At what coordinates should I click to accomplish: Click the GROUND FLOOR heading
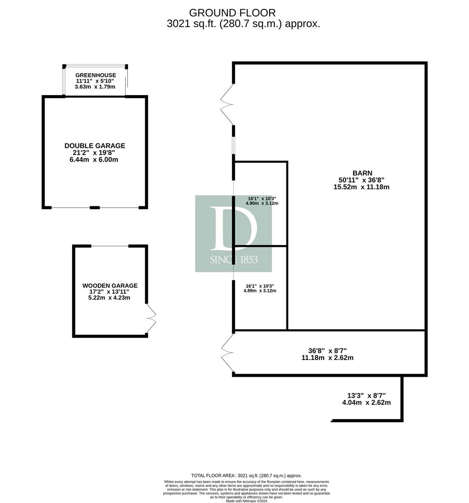(x=232, y=13)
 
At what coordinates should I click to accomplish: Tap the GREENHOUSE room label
(x=95, y=75)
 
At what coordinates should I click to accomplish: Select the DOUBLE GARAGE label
(x=95, y=146)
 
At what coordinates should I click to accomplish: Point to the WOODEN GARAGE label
(x=110, y=285)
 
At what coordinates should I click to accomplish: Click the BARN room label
(x=362, y=173)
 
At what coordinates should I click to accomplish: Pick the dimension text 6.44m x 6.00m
(x=94, y=159)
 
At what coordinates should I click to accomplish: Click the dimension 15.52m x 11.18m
(x=361, y=187)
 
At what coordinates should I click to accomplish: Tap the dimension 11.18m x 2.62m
(x=327, y=358)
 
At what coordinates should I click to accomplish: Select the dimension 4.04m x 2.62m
(x=367, y=402)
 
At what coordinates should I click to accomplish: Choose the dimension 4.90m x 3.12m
(x=262, y=203)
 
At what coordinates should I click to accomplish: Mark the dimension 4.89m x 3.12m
(x=260, y=291)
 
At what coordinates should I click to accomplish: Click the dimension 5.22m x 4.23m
(x=109, y=298)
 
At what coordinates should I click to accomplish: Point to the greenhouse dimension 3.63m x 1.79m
(x=95, y=87)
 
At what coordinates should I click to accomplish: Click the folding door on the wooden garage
(x=151, y=318)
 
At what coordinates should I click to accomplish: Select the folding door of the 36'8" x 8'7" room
(x=227, y=353)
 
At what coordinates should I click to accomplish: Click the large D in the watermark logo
(x=233, y=229)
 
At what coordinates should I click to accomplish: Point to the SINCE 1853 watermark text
(x=233, y=259)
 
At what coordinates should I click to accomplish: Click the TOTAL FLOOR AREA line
(x=246, y=476)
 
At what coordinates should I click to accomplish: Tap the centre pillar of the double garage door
(x=95, y=208)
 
